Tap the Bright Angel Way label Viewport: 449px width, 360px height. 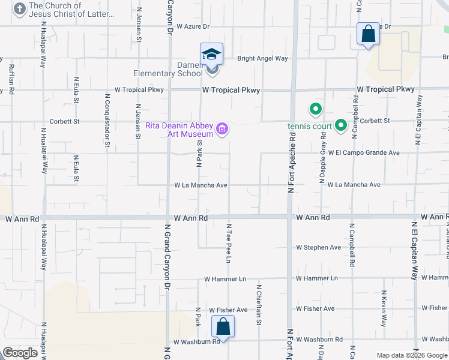pyautogui.click(x=262, y=59)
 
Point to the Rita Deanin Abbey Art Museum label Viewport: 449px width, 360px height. pyautogui.click(x=179, y=130)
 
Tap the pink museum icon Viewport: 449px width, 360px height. pyautogui.click(x=223, y=129)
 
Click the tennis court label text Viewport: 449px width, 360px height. pyautogui.click(x=309, y=126)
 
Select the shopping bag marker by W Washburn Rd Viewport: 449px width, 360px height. pyautogui.click(x=223, y=328)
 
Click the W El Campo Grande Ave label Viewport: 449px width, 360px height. pyautogui.click(x=364, y=153)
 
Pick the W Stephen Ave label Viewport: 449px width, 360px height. pyautogui.click(x=318, y=247)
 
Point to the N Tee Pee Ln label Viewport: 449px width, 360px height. pyautogui.click(x=229, y=244)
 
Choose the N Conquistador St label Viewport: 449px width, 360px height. pyautogui.click(x=107, y=119)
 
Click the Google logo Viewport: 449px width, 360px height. pyautogui.click(x=20, y=352)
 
